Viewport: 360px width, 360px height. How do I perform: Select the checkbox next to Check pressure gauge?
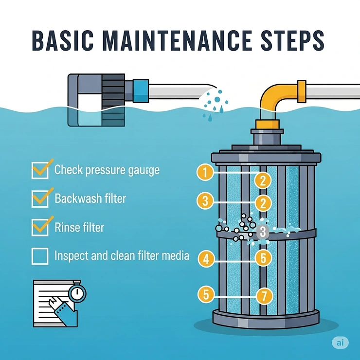click(x=40, y=170)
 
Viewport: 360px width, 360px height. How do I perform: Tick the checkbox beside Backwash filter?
click(x=40, y=198)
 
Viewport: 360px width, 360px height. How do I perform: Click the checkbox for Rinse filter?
click(x=40, y=227)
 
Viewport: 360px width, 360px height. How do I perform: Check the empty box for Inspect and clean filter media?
click(x=40, y=255)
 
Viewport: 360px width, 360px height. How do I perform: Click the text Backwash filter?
click(x=90, y=198)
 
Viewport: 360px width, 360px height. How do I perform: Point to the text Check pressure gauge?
click(x=107, y=170)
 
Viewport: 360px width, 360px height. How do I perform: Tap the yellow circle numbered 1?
click(x=206, y=171)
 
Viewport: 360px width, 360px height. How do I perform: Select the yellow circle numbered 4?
click(x=206, y=259)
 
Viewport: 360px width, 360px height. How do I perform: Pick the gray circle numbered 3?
click(x=263, y=231)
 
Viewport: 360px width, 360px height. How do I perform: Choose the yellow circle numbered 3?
click(x=206, y=200)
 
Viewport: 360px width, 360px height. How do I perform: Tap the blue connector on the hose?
click(x=141, y=90)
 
